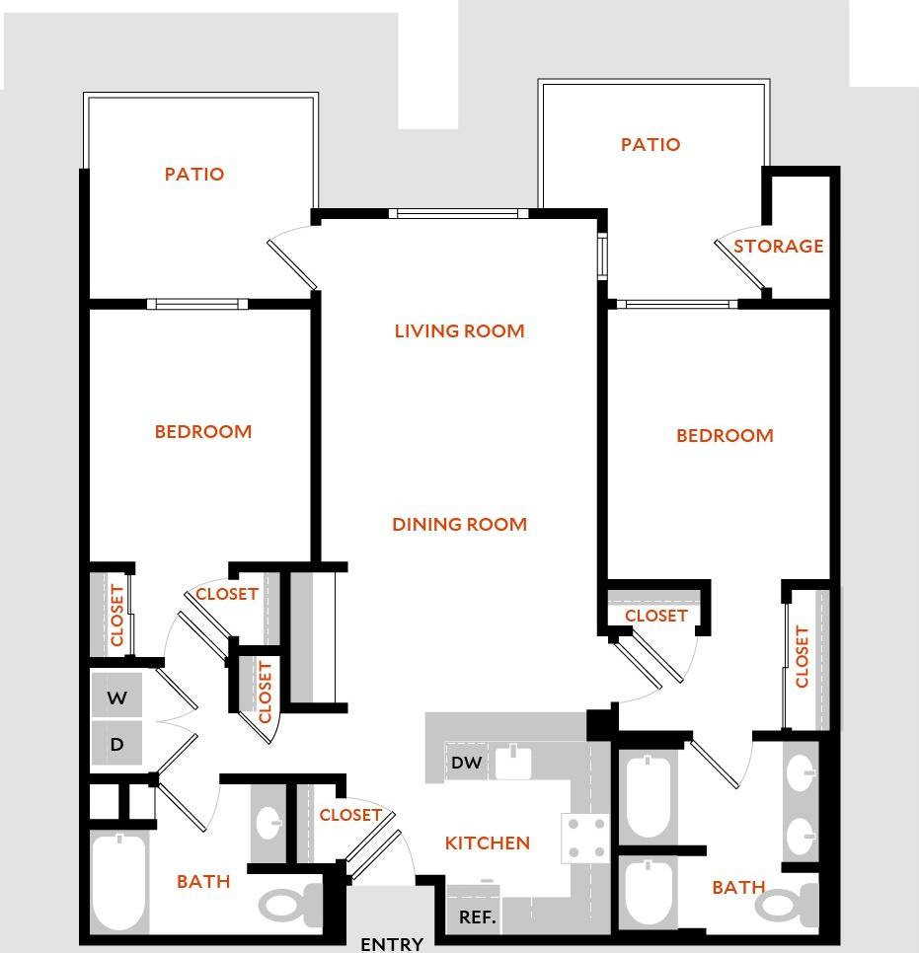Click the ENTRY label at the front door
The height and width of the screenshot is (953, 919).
click(x=392, y=944)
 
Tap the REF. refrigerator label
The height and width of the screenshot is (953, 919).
click(x=477, y=917)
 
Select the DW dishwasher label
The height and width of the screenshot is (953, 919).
click(x=466, y=762)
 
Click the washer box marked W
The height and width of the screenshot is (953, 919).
click(x=117, y=698)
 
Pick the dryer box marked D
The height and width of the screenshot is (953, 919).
click(x=117, y=745)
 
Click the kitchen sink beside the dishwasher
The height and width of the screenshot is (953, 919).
click(x=512, y=762)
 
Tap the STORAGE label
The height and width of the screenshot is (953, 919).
click(x=778, y=246)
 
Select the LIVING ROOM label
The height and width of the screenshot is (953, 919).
click(x=459, y=330)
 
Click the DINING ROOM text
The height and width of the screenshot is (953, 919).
click(x=459, y=524)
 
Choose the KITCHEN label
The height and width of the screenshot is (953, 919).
click(x=488, y=843)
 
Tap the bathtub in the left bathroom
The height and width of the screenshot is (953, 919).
click(x=119, y=882)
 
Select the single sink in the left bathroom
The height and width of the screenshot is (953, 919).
click(x=268, y=821)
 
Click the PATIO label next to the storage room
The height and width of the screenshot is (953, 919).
click(x=651, y=144)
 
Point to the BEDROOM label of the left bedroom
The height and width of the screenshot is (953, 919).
click(x=203, y=431)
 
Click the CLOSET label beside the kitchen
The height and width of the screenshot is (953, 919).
click(x=350, y=815)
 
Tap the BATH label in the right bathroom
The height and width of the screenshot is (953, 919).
click(x=738, y=888)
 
